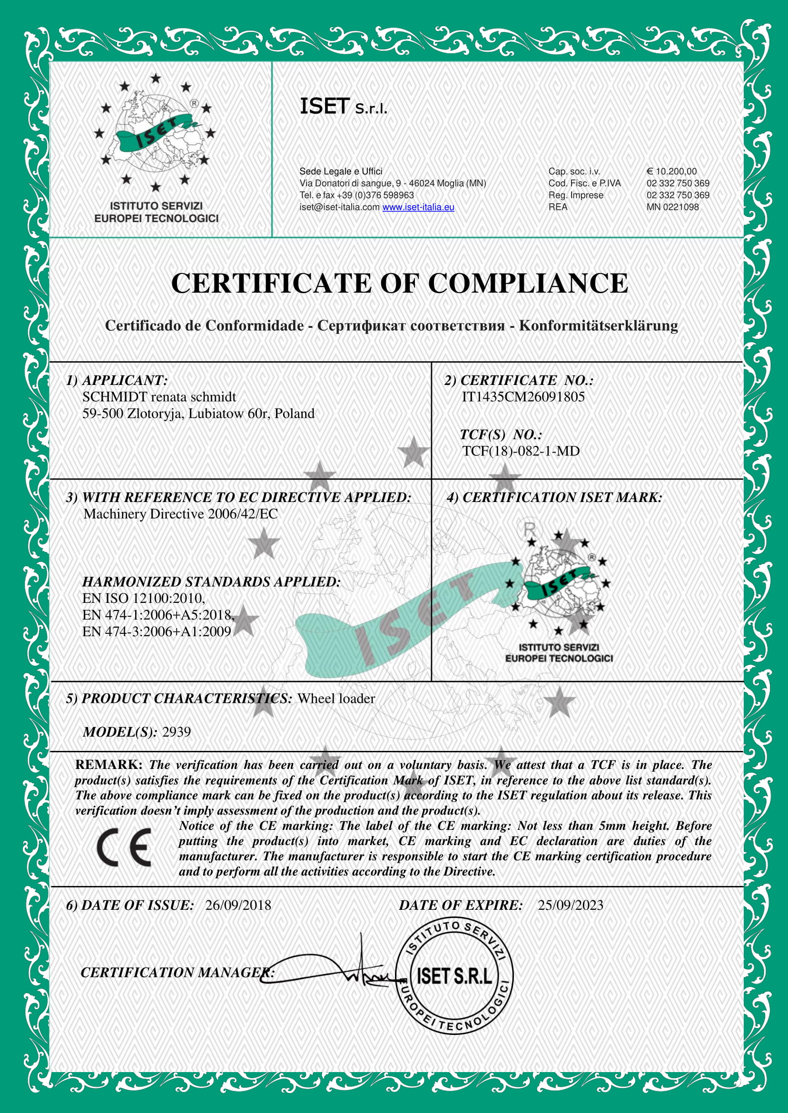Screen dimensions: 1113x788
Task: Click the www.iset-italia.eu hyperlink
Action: [x=418, y=207]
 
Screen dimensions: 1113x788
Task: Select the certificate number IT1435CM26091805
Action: [x=523, y=397]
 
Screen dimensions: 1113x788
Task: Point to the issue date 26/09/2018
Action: [x=238, y=905]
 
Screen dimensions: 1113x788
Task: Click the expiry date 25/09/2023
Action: [x=570, y=905]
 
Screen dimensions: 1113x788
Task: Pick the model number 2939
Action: [x=176, y=732]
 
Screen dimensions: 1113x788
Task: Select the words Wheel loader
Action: [x=336, y=698]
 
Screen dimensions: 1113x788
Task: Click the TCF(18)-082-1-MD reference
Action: [x=521, y=451]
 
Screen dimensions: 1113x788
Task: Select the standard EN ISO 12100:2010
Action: [x=144, y=598]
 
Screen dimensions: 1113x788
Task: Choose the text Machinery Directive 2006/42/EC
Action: [x=180, y=514]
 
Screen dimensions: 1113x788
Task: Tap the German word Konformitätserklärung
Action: [x=598, y=325]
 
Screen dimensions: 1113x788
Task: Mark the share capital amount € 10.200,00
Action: [x=671, y=171]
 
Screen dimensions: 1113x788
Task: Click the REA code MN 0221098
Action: [x=672, y=207]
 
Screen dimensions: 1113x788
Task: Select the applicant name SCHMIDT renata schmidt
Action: [x=159, y=397]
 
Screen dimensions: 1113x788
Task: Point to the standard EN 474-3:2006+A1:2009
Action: [x=156, y=631]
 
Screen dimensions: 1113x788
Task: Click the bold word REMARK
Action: [x=108, y=765]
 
